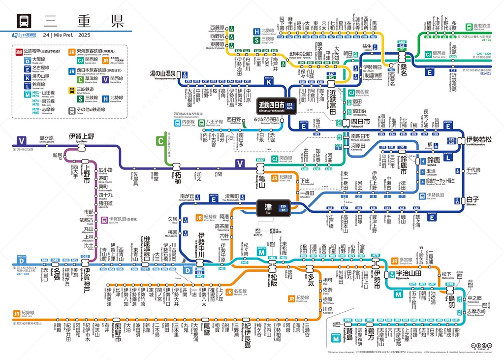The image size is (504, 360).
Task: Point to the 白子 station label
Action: point(472,199)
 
